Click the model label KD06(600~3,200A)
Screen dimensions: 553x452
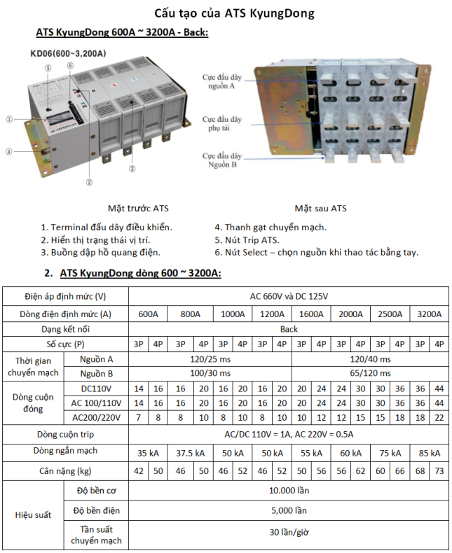68,53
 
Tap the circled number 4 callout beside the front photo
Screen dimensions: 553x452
8,150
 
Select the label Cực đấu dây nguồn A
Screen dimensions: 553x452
222,80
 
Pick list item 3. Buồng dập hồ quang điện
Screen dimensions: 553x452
101,253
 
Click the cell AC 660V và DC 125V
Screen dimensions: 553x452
289,295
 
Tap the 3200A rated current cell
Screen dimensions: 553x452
428,314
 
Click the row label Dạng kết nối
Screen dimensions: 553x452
65,329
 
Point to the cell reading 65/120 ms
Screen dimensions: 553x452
369,373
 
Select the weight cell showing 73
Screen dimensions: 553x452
439,470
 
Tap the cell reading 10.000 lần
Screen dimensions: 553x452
289,491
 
